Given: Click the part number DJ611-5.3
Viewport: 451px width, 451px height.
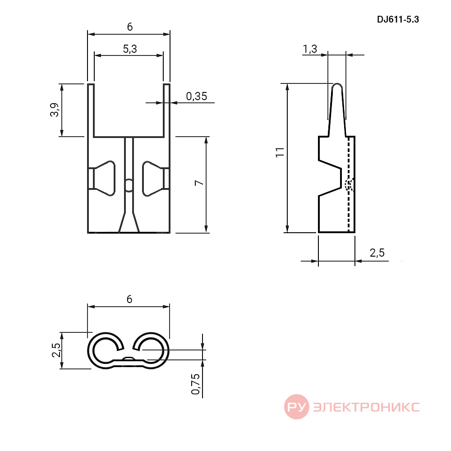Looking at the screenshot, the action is (398, 19).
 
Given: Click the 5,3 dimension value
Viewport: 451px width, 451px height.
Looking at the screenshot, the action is (130, 49).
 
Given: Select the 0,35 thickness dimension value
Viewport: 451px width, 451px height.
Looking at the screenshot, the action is (197, 97).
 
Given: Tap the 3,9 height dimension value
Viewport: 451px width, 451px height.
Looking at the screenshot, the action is (55, 110).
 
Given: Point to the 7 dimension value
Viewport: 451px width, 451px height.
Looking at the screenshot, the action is (199, 183).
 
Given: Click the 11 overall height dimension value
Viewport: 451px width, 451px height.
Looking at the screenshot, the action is (280, 152).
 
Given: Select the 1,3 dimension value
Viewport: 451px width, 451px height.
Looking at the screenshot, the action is (310, 49).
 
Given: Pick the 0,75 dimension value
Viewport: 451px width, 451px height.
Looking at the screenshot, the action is (196, 384).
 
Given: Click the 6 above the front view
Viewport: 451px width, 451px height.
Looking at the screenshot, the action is (130, 27).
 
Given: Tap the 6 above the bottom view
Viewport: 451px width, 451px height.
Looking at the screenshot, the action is (129, 299).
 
